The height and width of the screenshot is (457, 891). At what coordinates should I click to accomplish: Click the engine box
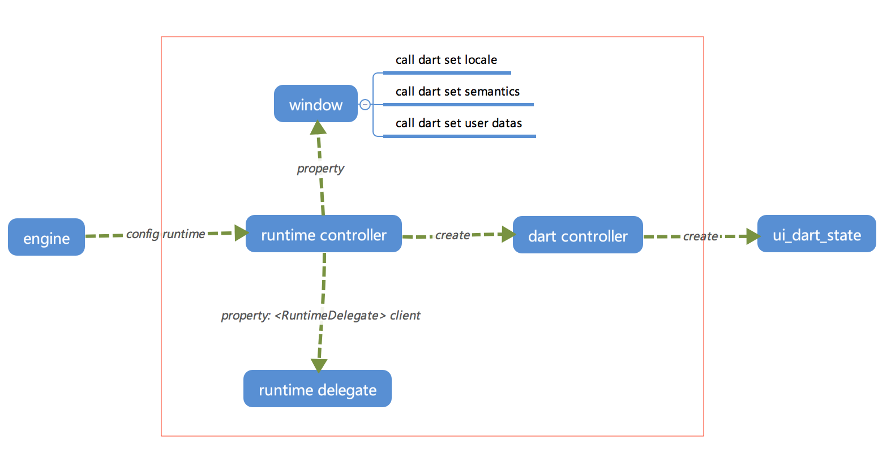tap(46, 237)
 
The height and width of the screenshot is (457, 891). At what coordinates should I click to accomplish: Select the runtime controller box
tap(324, 234)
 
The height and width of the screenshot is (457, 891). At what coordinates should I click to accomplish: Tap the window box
tap(316, 104)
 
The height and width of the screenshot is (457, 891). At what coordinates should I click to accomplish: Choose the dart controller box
tap(578, 235)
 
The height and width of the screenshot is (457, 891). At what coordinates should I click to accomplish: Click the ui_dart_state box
tap(817, 234)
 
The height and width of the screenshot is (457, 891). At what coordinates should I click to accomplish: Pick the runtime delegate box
tap(318, 389)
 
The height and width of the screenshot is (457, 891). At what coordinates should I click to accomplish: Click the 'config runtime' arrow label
tap(165, 234)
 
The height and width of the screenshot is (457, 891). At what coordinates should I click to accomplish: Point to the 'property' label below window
tap(320, 169)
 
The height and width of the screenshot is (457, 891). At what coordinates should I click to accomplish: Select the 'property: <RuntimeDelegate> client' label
tap(320, 316)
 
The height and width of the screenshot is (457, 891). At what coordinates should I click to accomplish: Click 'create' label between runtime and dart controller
tap(452, 235)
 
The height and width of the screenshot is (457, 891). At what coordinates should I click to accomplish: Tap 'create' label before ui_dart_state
tap(700, 236)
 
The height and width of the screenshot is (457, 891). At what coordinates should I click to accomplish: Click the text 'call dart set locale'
tap(446, 60)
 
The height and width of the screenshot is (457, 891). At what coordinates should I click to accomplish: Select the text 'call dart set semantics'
tap(457, 92)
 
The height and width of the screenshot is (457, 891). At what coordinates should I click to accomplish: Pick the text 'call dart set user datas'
tap(459, 124)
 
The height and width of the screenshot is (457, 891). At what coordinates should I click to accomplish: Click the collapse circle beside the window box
tap(365, 105)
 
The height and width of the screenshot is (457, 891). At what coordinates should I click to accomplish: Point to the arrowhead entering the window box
tap(318, 128)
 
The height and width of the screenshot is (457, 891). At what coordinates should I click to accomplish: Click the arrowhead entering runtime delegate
tap(319, 365)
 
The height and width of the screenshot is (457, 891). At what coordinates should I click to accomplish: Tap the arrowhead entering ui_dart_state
tap(753, 236)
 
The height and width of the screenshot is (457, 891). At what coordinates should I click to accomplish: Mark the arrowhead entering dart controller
tap(509, 234)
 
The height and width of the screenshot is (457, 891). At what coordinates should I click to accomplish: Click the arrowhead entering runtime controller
tap(242, 233)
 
